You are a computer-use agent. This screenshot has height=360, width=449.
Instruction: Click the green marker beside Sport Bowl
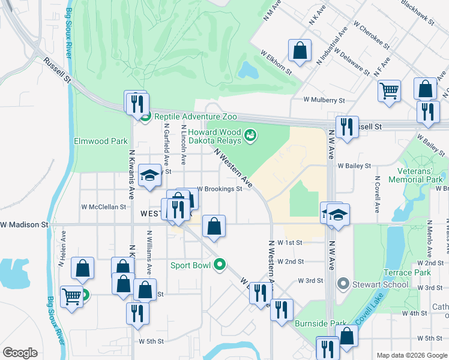pos(220,265)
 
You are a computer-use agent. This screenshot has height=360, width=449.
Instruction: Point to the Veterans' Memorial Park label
pos(415,175)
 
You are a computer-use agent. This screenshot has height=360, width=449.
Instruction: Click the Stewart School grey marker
pos(343,283)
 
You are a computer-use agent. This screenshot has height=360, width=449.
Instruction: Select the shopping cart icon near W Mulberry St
pos(389,91)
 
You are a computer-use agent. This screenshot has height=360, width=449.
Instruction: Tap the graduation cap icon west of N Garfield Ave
pos(149,175)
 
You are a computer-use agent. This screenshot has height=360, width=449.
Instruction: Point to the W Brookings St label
pos(219,188)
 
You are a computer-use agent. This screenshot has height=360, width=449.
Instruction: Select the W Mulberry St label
pos(324,100)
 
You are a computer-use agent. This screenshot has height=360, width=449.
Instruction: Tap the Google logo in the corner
pos(20,353)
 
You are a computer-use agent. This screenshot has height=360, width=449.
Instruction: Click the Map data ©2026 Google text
pos(411,355)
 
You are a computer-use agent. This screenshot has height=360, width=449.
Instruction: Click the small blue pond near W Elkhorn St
pos(247,71)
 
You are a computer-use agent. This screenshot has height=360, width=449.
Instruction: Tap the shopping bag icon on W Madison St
pos(214,226)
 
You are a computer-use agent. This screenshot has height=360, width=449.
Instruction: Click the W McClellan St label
pos(104,206)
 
